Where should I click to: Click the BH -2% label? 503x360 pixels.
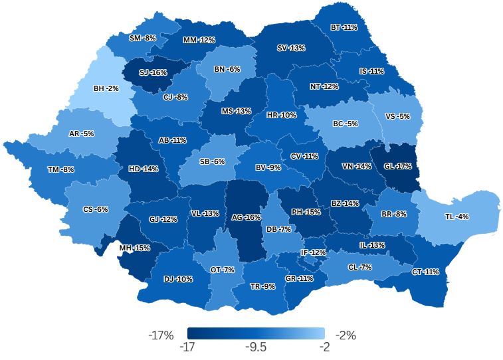pos(106,88)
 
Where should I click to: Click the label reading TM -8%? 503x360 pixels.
pos(60,169)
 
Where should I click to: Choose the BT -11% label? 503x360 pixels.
pos(344,28)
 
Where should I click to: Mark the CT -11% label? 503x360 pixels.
pos(425,272)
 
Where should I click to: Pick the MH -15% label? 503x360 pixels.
pos(134,248)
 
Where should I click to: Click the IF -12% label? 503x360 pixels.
pos(313,252)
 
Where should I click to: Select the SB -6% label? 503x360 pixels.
pos(212,161)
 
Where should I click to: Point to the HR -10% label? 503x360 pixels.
pos(281,115)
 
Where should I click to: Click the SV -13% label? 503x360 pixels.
pos(291,48)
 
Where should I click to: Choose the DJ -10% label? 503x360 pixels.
pos(178,279)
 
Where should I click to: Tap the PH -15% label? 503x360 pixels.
pos(306,212)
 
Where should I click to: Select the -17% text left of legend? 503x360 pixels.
pos(160,335)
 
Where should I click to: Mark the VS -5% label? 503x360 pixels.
pos(398,116)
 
